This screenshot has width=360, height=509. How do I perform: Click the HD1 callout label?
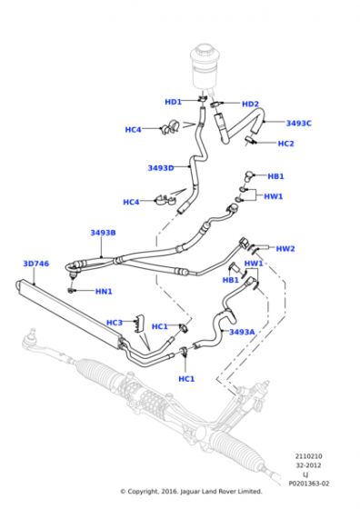click(173, 102)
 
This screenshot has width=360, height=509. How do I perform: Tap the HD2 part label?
click(250, 104)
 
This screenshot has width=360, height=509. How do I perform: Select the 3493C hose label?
click(299, 123)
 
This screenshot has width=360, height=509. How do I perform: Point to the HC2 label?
click(285, 144)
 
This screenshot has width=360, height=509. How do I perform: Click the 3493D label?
click(161, 168)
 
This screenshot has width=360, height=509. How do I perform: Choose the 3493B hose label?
click(103, 233)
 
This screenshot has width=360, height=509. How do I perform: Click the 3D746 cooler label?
click(36, 264)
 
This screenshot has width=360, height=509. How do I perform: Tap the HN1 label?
click(104, 292)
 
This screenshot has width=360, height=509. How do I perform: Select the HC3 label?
click(115, 323)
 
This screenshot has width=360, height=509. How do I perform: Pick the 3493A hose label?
click(242, 332)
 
